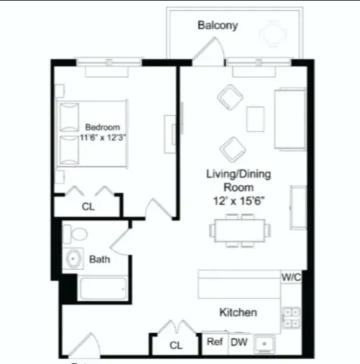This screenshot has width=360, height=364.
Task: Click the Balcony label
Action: click(217, 26)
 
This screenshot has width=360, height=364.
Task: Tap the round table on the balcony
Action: click(272, 33)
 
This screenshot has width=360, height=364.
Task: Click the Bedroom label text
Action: click(99, 127)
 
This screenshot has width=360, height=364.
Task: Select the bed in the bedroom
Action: click(91, 134)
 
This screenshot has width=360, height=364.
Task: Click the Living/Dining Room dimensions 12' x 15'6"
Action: click(238, 200)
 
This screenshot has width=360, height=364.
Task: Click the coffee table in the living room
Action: click(256, 119)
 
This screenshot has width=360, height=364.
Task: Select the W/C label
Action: click(291, 277)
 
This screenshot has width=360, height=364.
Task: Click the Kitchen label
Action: click(238, 312)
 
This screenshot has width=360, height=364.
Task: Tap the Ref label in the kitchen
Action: click(214, 342)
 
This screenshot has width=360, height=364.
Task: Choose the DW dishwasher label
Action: click(239, 342)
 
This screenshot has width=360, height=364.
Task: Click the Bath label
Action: click(99, 259)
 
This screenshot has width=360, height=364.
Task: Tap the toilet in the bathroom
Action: click(78, 234)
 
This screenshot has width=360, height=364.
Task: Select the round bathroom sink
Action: click(74, 259)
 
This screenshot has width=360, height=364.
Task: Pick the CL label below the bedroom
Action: click(88, 207)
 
